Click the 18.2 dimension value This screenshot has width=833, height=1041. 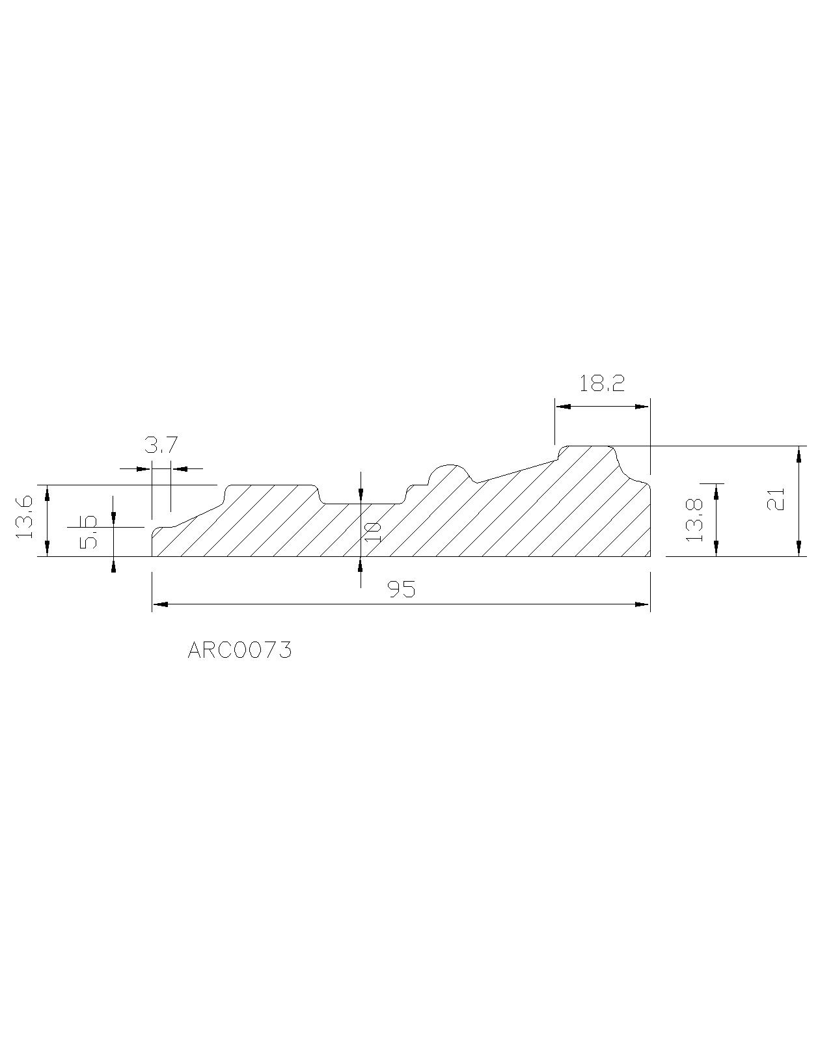[x=601, y=384]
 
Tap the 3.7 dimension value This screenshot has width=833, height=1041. [x=161, y=444]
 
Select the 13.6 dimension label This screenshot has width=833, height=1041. [x=24, y=517]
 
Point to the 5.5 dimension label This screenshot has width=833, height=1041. [x=88, y=532]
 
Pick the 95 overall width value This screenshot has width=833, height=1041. [x=402, y=589]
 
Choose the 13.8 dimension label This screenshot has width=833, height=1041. [x=694, y=520]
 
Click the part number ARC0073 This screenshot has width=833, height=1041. [x=239, y=651]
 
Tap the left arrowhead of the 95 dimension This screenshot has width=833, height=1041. [x=160, y=604]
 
